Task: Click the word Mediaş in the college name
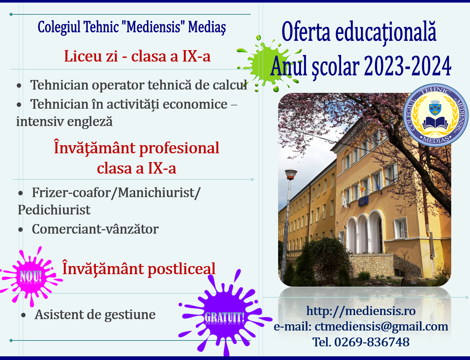[x=207, y=28]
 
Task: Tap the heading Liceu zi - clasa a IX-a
[x=137, y=56]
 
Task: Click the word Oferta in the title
[x=306, y=32]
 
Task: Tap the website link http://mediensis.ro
[x=361, y=311]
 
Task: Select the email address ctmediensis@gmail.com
[x=381, y=326]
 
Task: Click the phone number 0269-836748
[x=372, y=342]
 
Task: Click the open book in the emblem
[x=435, y=123]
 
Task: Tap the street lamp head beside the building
[x=291, y=175]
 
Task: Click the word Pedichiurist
[x=54, y=210]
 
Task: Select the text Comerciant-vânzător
[x=95, y=229]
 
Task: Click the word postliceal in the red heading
[x=182, y=269]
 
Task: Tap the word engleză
[x=90, y=122]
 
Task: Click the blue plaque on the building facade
[x=364, y=201]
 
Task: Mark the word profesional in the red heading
[x=179, y=148]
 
